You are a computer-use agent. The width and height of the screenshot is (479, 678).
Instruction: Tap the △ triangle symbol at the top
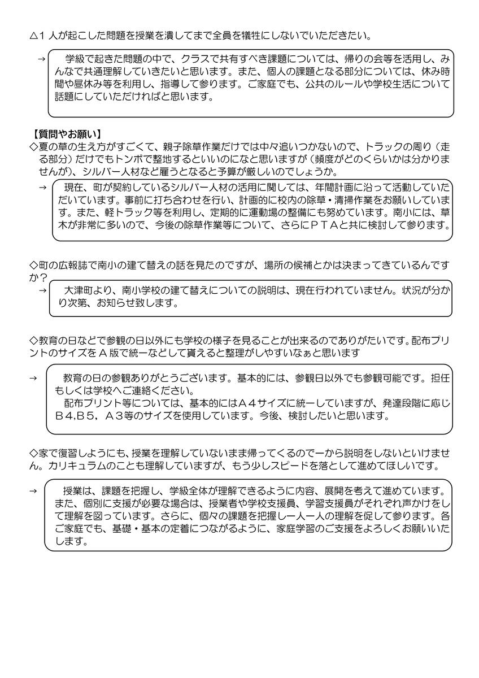33,36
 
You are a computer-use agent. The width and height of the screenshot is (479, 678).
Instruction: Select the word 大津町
80,290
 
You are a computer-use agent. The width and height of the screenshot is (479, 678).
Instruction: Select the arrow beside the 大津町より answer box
42,290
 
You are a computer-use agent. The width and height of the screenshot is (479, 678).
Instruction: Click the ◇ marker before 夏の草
33,147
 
